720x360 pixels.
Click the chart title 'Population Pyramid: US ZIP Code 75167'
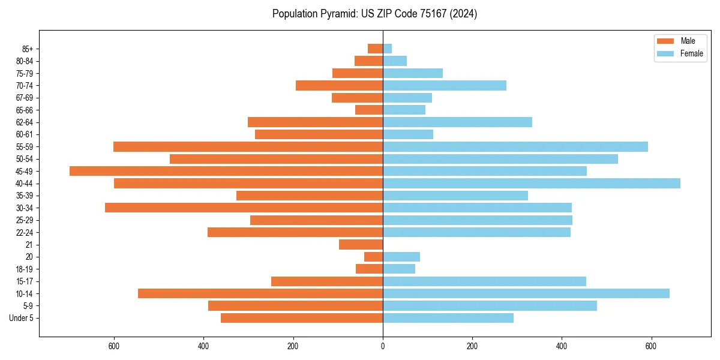pos(374,14)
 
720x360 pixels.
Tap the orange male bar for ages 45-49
pos(226,171)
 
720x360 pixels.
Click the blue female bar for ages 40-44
pos(532,184)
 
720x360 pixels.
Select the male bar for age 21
pos(361,245)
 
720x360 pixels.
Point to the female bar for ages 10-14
pos(526,293)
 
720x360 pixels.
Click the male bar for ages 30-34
pos(244,208)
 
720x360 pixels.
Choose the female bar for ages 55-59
pos(515,147)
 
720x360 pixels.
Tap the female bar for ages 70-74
pos(445,86)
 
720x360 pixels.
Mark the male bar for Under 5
pos(302,318)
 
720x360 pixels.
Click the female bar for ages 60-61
pos(408,134)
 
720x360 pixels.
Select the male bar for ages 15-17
pos(327,281)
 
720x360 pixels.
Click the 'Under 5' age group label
pos(21,318)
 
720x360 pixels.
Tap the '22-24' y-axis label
pos(24,233)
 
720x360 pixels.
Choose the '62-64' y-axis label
pos(24,122)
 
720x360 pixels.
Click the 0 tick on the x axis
pos(383,346)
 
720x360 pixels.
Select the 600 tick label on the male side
pos(114,346)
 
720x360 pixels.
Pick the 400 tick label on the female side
pos(562,346)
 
